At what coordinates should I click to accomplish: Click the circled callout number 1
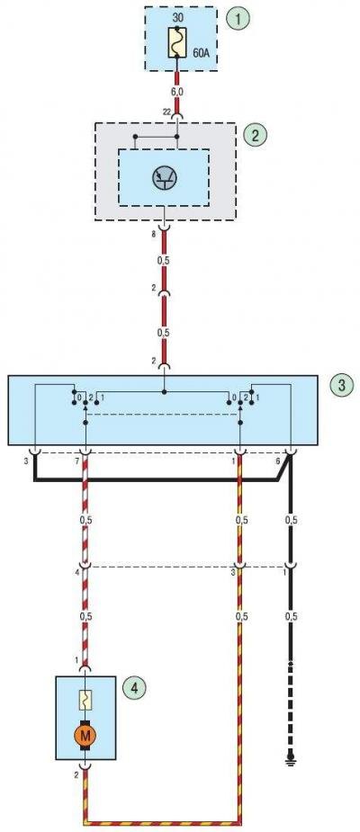click(x=238, y=19)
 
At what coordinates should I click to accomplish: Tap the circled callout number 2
click(x=255, y=134)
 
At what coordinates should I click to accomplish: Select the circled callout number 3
click(x=340, y=386)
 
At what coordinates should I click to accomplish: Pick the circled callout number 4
click(x=134, y=688)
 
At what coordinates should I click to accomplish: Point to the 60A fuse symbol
click(x=176, y=42)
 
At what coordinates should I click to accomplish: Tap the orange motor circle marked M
click(x=85, y=736)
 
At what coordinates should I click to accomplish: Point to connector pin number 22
click(x=166, y=113)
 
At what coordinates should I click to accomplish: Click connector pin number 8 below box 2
click(x=154, y=234)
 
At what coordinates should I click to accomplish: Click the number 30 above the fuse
click(x=178, y=17)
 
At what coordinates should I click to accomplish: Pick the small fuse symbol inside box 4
click(x=85, y=701)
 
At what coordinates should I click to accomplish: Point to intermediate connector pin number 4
click(x=77, y=572)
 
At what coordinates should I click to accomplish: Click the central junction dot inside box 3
click(x=164, y=392)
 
